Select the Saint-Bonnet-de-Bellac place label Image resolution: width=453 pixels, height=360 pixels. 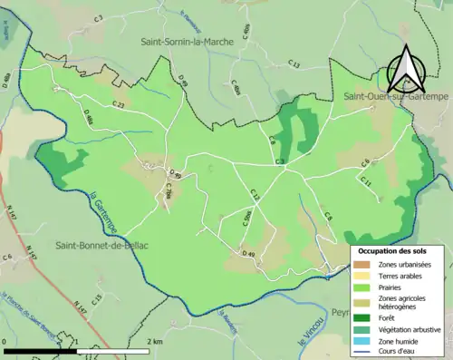(102, 246)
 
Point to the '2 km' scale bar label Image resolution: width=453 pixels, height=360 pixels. (155, 342)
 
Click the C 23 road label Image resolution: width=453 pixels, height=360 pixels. (119, 106)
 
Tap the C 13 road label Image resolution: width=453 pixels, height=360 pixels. (294, 63)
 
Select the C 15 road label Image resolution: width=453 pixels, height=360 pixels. (97, 297)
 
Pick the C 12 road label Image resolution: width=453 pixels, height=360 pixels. (255, 195)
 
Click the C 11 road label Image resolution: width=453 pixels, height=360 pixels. (366, 182)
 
